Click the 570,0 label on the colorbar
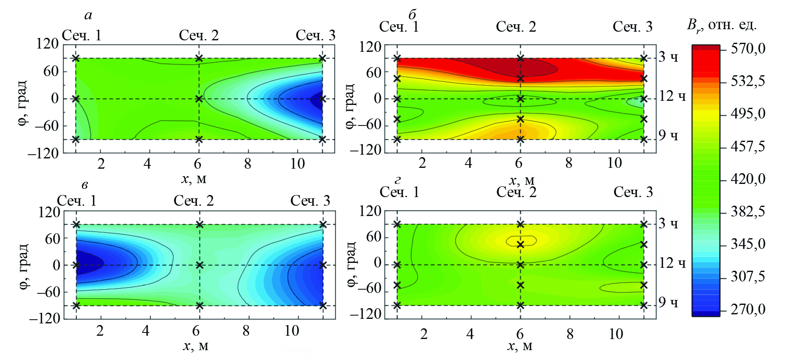748,49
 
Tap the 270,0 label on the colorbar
748,309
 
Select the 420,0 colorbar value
748,179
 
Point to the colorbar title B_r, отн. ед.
721,26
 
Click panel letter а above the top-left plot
88,16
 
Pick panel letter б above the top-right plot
412,15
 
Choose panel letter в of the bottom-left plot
84,185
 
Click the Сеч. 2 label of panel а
199,35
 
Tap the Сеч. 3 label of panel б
632,27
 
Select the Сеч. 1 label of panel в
76,201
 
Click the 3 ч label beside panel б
668,57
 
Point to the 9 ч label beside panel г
668,302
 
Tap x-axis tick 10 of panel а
297,164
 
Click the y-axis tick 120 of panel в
49,212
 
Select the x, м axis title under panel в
195,346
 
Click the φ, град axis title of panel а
23,103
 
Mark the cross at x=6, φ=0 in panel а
199,99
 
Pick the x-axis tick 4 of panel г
470,334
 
